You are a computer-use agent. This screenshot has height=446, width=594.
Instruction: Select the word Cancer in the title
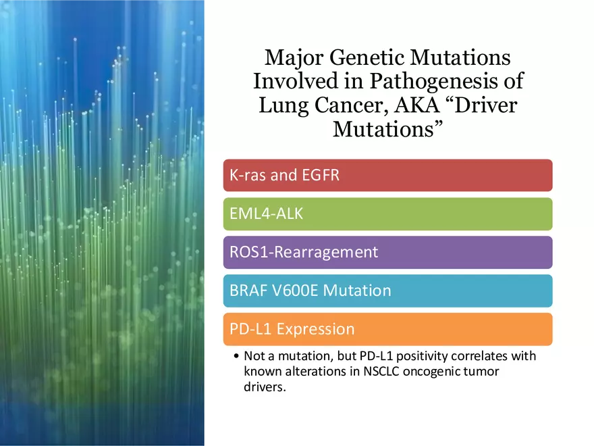tap(351, 105)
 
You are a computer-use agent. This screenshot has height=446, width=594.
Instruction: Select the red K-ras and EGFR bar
tap(387, 175)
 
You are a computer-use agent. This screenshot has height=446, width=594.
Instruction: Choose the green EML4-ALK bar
tap(387, 214)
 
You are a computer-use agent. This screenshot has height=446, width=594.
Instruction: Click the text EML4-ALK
tap(267, 214)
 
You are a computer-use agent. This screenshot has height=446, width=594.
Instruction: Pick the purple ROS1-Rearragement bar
tap(387, 252)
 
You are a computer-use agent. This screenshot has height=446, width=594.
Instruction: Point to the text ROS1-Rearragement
tap(304, 253)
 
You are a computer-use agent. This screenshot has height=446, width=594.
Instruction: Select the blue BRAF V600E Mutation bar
tap(387, 291)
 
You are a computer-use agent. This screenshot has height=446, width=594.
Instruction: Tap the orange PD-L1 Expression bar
tap(387, 329)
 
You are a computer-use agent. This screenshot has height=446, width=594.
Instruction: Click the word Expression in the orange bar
tap(316, 329)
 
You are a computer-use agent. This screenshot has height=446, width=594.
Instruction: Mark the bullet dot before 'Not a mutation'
tap(236, 355)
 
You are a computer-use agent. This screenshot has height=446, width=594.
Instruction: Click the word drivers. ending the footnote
tap(265, 387)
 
